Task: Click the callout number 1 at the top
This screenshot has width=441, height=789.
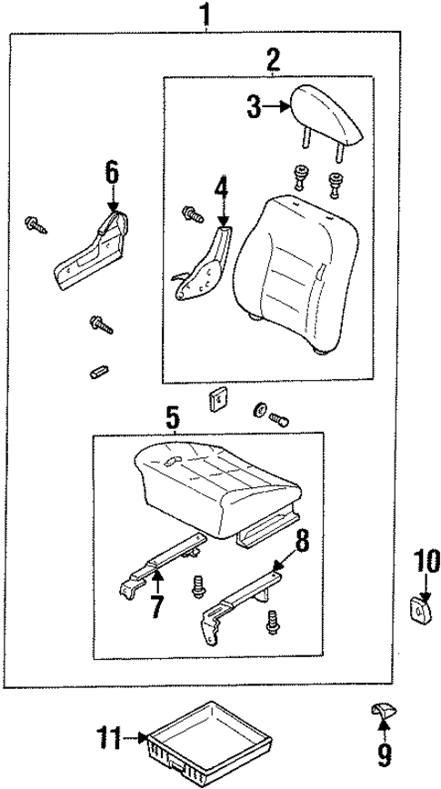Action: coord(207,15)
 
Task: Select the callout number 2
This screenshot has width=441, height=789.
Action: coord(272,61)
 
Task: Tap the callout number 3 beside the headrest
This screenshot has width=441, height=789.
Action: coord(255,109)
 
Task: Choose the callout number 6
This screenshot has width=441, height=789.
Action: coord(111,171)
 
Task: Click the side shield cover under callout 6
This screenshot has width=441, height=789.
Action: coord(90,250)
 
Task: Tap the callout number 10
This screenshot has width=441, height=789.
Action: coord(426,560)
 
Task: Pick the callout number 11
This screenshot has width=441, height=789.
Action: coord(109,739)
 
